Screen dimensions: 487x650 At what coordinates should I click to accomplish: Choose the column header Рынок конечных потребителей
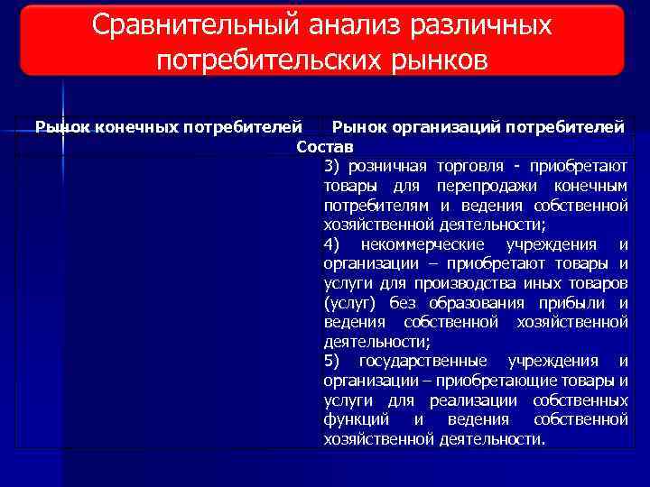pyautogui.click(x=168, y=128)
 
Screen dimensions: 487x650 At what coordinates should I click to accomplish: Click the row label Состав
pyautogui.click(x=325, y=146)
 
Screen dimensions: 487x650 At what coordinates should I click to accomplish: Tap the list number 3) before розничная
pyautogui.click(x=331, y=166)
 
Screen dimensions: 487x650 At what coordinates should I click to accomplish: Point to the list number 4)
pyautogui.click(x=331, y=244)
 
